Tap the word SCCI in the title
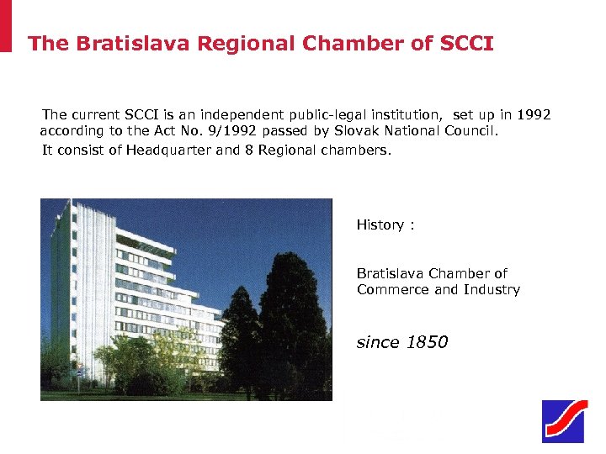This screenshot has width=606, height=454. tap(466, 44)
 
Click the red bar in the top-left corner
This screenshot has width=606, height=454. tap(6, 25)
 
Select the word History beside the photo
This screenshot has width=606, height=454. tap(380, 224)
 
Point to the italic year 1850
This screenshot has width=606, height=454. tap(428, 342)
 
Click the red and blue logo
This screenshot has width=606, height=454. tap(563, 421)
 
